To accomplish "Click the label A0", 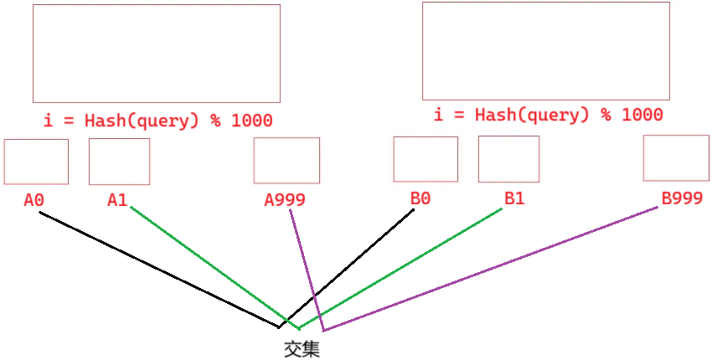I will (34, 200).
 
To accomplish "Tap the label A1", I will (117, 200).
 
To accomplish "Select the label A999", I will (285, 200).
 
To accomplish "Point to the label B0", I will (420, 198).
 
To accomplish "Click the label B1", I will (513, 198).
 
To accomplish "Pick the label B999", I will (682, 198).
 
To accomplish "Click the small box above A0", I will (36, 162).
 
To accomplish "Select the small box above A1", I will (119, 162).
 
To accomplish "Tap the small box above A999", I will (286, 160).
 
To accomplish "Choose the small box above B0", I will (426, 159).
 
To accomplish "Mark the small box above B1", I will (508, 159).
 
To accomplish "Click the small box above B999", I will (676, 157).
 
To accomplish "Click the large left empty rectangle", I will (156, 54).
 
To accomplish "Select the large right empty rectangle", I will (545, 51).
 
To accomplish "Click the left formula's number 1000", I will (251, 121).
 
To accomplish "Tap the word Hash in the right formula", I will (495, 115).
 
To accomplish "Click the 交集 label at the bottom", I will (302, 348).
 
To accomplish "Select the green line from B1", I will (402, 267).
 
